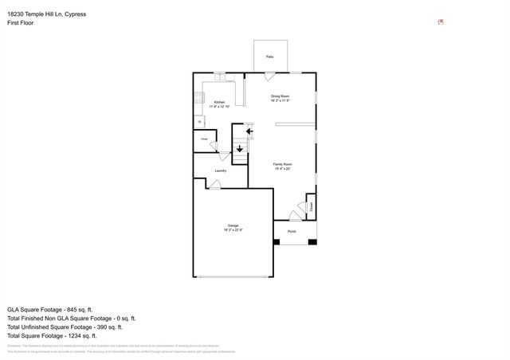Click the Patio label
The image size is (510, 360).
269,57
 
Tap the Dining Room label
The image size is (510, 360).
280,96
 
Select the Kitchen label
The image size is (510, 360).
219,103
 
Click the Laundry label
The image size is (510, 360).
220,170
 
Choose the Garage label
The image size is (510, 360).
233,225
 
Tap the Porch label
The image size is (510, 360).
292,232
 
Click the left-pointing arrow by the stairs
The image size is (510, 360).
249,131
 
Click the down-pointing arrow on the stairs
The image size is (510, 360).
240,147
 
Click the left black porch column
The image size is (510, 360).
277,241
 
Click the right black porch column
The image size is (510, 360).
312,241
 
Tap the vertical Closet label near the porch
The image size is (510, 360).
312,205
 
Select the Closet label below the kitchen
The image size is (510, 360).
205,139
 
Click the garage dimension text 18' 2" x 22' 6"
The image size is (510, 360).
233,230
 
